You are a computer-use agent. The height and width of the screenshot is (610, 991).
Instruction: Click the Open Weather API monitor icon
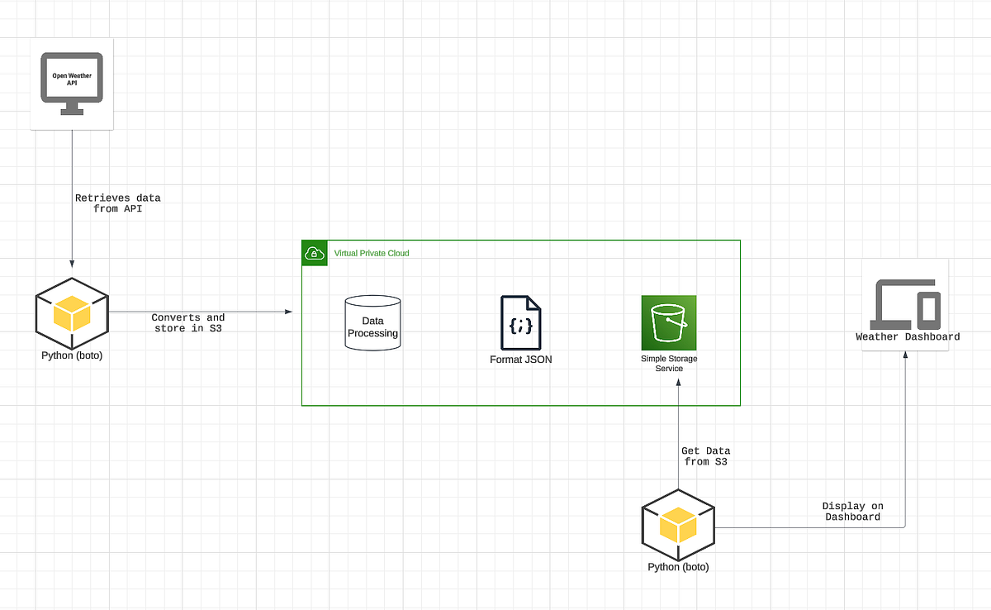click(x=72, y=83)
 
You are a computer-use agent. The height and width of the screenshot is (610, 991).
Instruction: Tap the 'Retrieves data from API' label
click(x=117, y=203)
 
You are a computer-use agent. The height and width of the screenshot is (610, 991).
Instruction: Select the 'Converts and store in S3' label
click(x=187, y=323)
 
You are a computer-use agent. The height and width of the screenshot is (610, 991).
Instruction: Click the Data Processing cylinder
click(x=372, y=323)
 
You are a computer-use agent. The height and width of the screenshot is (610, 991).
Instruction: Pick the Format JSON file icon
click(x=521, y=322)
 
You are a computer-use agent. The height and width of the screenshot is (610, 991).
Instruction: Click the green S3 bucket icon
click(x=669, y=322)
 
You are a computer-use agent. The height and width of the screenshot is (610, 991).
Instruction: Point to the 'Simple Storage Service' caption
click(x=669, y=364)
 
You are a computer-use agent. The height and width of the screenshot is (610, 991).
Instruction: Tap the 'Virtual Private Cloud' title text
click(x=371, y=253)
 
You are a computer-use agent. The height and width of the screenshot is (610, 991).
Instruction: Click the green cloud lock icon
click(x=315, y=253)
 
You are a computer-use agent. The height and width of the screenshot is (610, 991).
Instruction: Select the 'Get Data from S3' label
click(x=705, y=456)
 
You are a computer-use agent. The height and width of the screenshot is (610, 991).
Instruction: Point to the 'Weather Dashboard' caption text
click(x=908, y=336)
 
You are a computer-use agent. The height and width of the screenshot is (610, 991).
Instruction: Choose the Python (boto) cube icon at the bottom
click(x=678, y=526)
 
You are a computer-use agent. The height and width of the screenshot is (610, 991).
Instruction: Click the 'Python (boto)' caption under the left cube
click(x=72, y=355)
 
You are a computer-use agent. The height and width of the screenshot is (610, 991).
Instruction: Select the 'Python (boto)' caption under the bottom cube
click(x=678, y=567)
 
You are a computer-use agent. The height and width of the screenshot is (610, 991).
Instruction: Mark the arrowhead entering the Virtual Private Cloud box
click(x=289, y=312)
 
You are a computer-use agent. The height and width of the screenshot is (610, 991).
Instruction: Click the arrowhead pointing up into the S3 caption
click(x=678, y=380)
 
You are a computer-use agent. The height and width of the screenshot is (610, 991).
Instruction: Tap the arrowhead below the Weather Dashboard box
click(x=905, y=355)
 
